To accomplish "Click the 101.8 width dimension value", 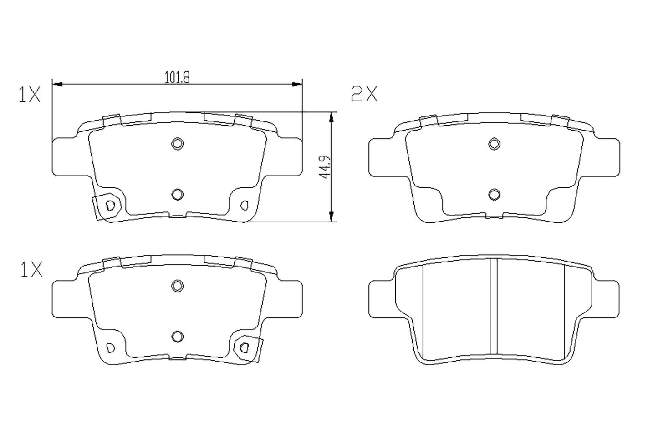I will coord(177,77).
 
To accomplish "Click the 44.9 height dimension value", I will coord(325,168).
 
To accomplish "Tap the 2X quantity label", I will coord(364,94).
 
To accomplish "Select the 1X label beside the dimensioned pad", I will coord(30,95).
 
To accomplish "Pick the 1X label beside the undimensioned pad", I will coord(31,271).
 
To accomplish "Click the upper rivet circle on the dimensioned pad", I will coord(177,144).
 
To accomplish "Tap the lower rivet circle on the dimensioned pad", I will coord(177,194).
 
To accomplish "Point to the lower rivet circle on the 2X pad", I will coord(494,195).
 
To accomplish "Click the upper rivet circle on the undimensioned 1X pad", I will coord(177,286).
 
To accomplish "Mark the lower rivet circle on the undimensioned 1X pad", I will coord(177,336).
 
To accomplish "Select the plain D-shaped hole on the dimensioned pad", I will coord(245,205).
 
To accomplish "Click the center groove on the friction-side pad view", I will coord(493,306).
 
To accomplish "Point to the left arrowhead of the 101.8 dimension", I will coord(57,84).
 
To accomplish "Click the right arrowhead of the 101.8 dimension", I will coord(297,84).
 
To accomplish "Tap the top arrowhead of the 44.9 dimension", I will coord(332,117).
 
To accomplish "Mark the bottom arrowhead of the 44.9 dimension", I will coord(332,216).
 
